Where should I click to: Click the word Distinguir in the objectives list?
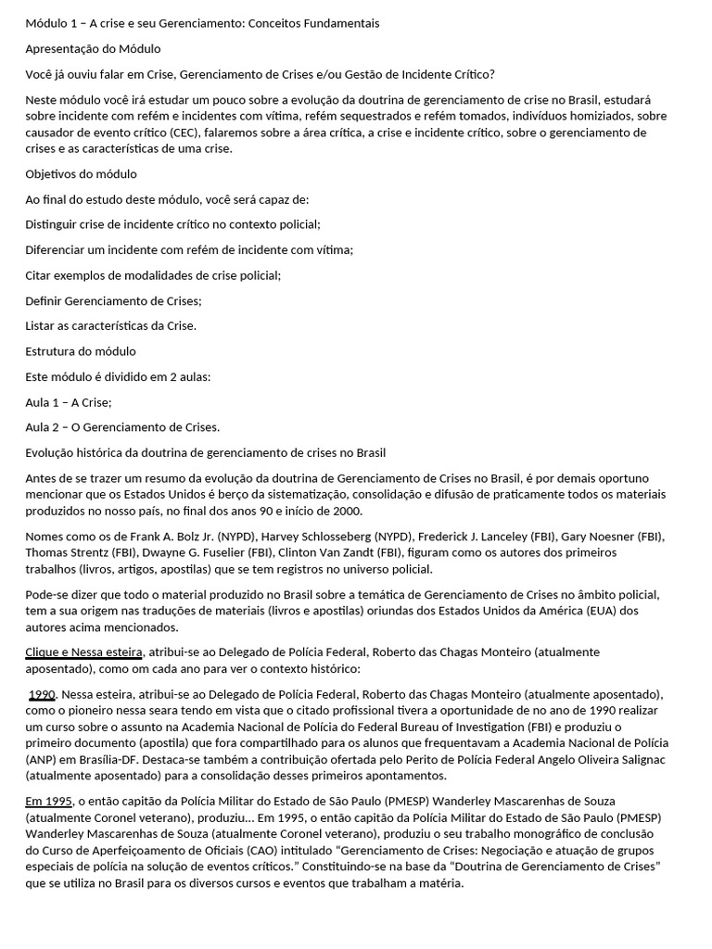click(x=52, y=224)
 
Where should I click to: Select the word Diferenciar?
click(x=57, y=249)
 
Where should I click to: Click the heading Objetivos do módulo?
click(x=81, y=173)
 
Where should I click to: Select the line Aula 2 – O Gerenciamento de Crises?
click(x=122, y=427)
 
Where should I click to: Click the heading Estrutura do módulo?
click(x=81, y=351)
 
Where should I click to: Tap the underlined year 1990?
click(x=44, y=693)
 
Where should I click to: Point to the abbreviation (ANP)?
click(x=41, y=760)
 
